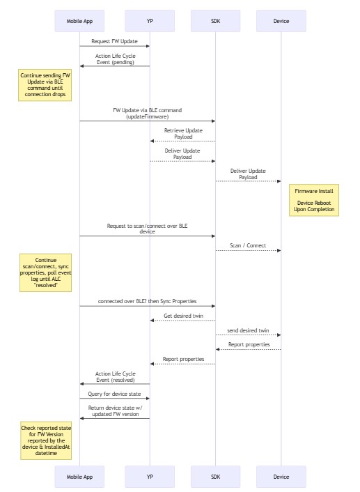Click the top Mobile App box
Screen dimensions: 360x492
(79, 21)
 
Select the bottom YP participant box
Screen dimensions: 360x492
(150, 477)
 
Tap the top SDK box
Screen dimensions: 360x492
(215, 21)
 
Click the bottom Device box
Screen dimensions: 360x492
(281, 477)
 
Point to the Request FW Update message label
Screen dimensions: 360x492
(114, 41)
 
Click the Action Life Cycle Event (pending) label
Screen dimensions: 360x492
(116, 59)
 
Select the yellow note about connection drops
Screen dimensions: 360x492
(45, 85)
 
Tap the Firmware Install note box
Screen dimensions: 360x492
(314, 200)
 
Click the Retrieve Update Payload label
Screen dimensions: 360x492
(183, 134)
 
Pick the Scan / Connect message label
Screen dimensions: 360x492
(248, 245)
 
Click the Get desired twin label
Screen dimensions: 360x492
(183, 316)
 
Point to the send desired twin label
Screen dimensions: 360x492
(248, 330)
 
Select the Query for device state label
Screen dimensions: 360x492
(114, 394)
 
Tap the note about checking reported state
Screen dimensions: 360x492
(46, 440)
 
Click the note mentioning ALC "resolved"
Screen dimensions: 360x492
(46, 272)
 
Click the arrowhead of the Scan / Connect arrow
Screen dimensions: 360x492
(279, 250)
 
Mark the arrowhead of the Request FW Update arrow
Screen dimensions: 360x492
(148, 46)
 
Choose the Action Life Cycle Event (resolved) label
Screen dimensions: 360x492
(116, 377)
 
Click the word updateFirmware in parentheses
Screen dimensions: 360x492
(148, 116)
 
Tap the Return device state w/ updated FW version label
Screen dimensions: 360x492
(116, 411)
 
